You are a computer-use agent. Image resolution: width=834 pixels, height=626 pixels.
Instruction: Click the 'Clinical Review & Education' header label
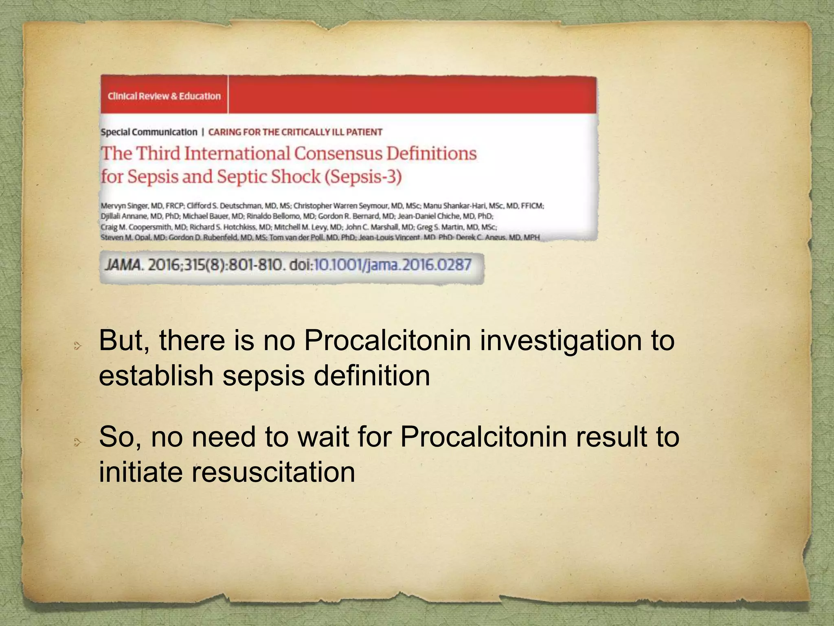(x=164, y=96)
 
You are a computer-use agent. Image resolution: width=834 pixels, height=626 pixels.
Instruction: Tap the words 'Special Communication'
(x=149, y=132)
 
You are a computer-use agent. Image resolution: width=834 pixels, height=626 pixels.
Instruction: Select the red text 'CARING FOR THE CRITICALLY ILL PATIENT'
(x=295, y=132)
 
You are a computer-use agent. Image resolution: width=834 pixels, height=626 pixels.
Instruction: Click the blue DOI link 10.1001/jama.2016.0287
(x=393, y=265)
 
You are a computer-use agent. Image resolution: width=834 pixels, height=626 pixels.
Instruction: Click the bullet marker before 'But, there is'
(x=77, y=346)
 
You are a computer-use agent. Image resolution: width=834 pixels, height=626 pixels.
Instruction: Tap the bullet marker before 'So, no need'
(x=77, y=442)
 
